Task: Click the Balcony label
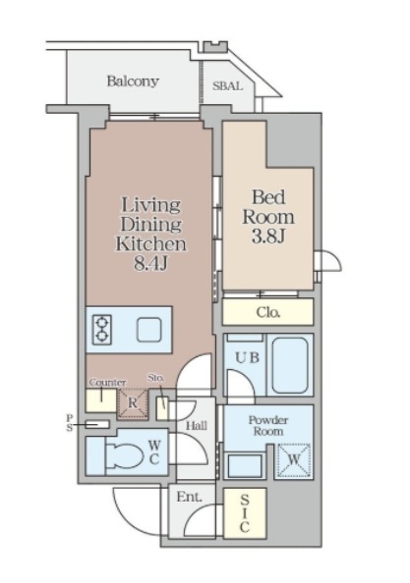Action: [x=133, y=81]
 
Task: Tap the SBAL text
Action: [x=227, y=86]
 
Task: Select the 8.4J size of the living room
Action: [x=151, y=263]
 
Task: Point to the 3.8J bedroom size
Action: [x=268, y=236]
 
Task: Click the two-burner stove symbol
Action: [x=101, y=330]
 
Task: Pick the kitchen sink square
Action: [x=148, y=330]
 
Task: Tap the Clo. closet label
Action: [x=268, y=312]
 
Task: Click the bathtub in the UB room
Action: [x=290, y=365]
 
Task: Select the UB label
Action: [x=247, y=357]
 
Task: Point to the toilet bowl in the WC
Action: [x=125, y=455]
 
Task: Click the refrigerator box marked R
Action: [x=132, y=403]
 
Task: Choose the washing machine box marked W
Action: [x=294, y=460]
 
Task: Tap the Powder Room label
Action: [x=268, y=426]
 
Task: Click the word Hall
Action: [x=197, y=426]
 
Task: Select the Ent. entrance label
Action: [x=189, y=497]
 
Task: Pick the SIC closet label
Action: [x=244, y=513]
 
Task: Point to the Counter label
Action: [x=107, y=383]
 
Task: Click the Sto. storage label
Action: [x=155, y=378]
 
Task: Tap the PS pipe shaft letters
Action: [x=70, y=423]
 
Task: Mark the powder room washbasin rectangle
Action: [x=245, y=465]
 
